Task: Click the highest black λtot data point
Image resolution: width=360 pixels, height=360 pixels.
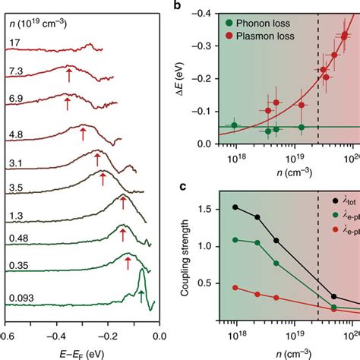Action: point(235,207)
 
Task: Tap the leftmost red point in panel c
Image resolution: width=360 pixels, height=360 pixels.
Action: point(235,288)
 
